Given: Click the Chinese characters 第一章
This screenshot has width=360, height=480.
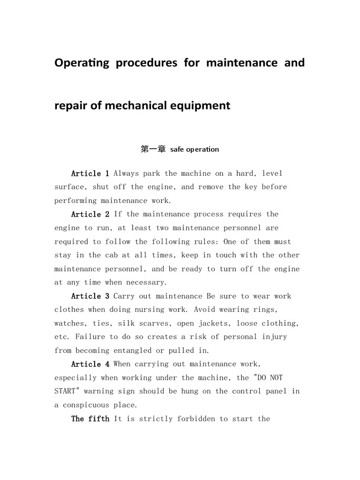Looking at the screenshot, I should (x=153, y=150).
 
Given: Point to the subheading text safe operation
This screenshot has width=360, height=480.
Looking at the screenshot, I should (x=195, y=150).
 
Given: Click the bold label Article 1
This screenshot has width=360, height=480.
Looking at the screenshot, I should (x=90, y=173).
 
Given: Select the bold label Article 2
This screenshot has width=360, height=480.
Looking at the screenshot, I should (x=90, y=214).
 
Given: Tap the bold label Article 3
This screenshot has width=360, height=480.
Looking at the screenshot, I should (x=90, y=296).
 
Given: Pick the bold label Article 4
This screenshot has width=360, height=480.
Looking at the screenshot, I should (x=90, y=364).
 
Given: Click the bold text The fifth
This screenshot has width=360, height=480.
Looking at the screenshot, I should (x=90, y=419).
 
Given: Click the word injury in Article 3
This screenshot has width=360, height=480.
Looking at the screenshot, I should (x=274, y=337).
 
